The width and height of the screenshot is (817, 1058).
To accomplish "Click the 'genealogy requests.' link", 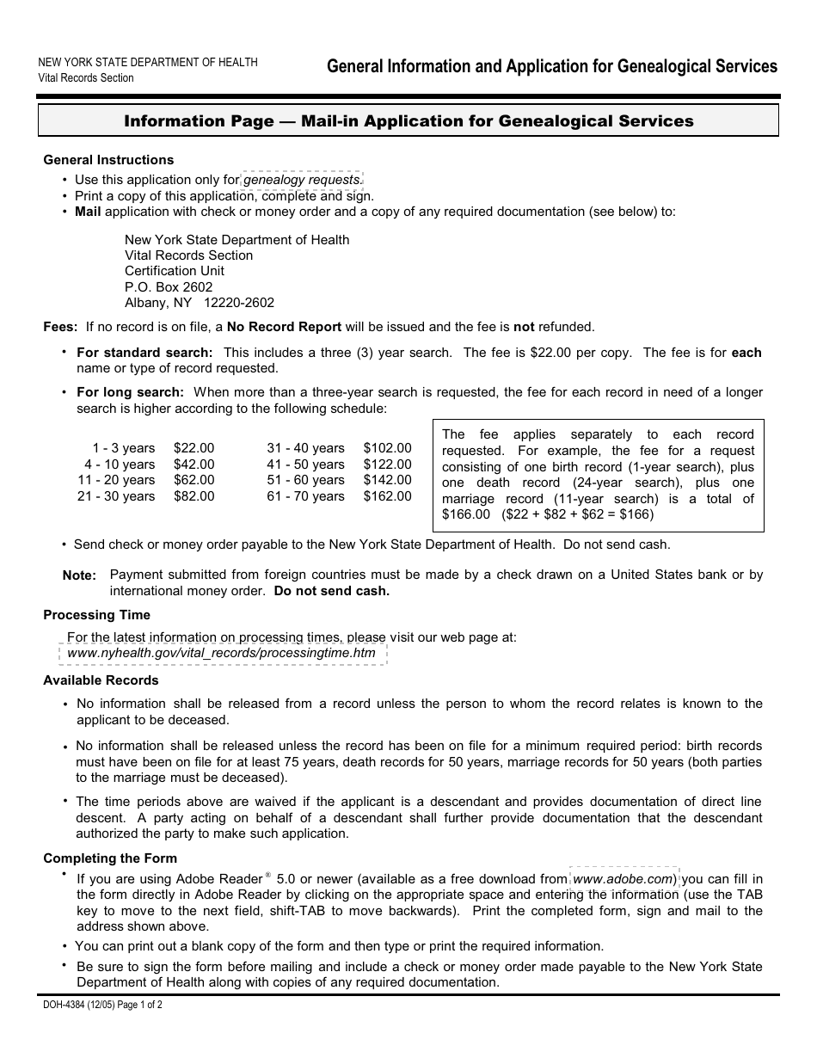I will coord(303,180).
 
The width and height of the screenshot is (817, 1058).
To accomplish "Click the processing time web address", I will coord(221,653).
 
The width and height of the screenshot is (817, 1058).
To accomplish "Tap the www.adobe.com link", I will coord(623,879).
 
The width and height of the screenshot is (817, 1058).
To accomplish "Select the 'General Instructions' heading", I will coord(108,160).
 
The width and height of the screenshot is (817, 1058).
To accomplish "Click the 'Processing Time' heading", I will coord(96,615).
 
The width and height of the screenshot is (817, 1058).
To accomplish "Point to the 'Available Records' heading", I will coord(101,680).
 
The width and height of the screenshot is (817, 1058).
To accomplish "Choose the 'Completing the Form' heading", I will coord(110,858).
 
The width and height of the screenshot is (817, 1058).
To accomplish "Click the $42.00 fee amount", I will coord(193,464).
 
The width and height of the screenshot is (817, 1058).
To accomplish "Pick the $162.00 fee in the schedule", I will coord(387,496).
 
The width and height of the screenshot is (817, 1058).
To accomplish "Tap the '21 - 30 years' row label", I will coord(116,496).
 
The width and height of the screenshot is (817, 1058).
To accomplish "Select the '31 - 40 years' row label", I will coord(305,448).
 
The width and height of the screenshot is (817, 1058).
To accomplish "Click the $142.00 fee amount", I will coord(387,480).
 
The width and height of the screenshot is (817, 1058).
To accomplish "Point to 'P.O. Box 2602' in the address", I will coord(169,286).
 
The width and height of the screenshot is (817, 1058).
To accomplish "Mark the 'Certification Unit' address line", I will coord(175,271).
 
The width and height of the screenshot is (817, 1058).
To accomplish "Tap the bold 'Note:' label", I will coord(79,575).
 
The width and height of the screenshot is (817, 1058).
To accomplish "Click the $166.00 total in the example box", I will coord(465,514).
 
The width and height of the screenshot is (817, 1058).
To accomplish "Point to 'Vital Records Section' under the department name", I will coord(86,77).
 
